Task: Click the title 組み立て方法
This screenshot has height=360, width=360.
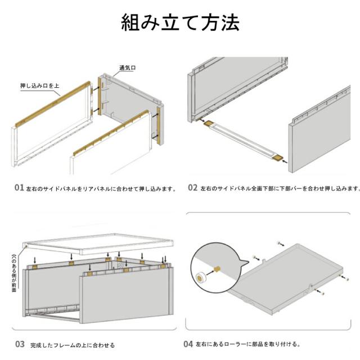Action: click(180, 22)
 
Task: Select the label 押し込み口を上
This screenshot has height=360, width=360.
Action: click(39, 86)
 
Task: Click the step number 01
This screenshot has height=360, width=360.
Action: click(19, 188)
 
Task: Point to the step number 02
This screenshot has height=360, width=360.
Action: click(192, 188)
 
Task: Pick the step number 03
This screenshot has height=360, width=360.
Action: click(19, 344)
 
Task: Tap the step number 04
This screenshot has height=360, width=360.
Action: click(188, 344)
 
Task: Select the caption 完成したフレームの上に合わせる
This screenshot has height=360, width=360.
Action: click(73, 344)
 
